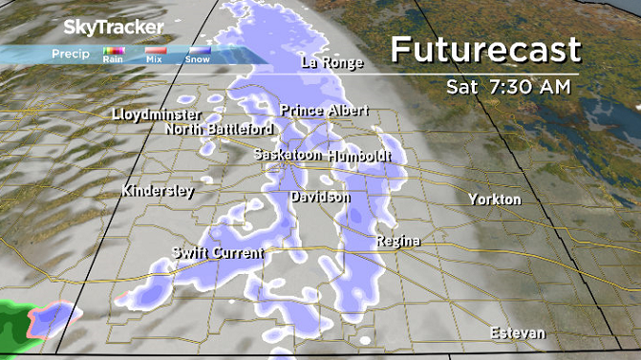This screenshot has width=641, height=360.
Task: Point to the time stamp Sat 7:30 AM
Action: (x=508, y=87)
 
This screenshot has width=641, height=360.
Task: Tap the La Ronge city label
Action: (x=331, y=64)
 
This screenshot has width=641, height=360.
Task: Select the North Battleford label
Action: (x=219, y=129)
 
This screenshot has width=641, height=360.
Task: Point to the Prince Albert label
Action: (x=323, y=112)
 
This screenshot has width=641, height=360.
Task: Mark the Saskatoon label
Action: (x=288, y=155)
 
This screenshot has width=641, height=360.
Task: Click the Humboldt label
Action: (x=359, y=155)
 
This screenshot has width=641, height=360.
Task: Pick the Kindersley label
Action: (x=158, y=191)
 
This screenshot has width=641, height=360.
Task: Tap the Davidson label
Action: (x=320, y=197)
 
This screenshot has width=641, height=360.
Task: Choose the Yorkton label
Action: (x=495, y=200)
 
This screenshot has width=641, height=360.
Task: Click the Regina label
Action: (x=398, y=241)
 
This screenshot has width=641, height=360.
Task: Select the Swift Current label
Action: (x=217, y=253)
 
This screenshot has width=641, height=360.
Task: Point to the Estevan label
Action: (x=517, y=333)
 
